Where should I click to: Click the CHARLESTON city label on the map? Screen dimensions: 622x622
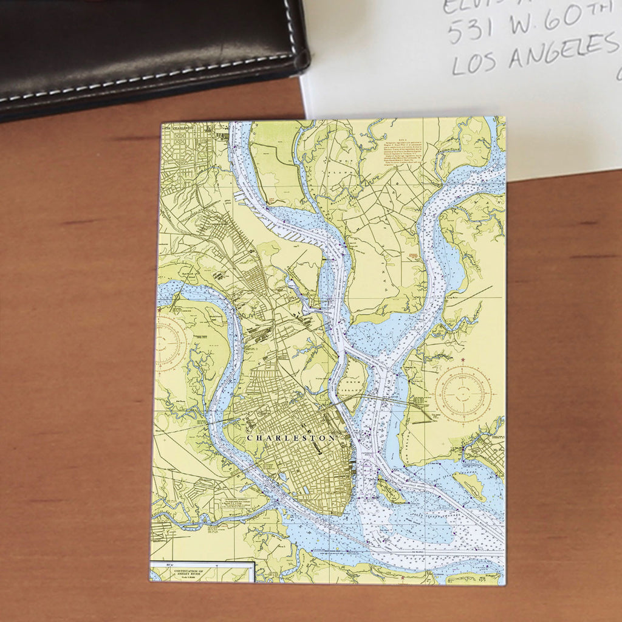(x=291, y=437)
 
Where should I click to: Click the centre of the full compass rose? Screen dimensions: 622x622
(x=463, y=393)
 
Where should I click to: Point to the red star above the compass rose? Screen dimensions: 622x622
(x=463, y=360)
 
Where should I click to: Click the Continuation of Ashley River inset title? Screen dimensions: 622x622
(x=200, y=573)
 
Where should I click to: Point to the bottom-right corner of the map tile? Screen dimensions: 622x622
(x=505, y=584)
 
